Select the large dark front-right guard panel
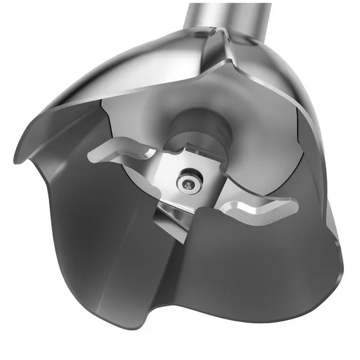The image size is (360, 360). [258, 283]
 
